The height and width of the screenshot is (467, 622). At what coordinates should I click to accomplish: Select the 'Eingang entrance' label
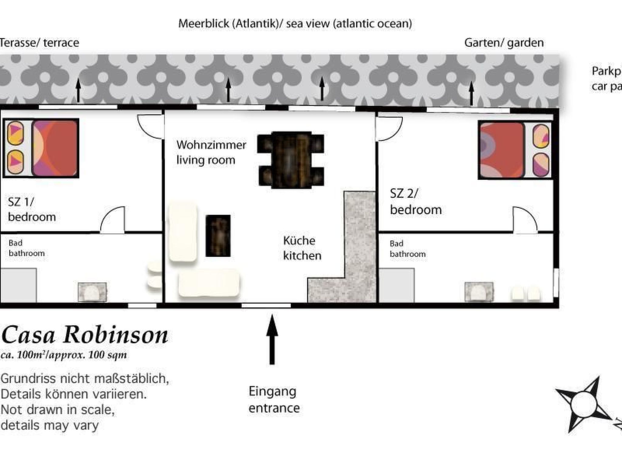click(274, 400)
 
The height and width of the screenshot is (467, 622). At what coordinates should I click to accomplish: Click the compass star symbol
click(583, 404)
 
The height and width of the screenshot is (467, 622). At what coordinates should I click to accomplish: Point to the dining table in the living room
click(291, 160)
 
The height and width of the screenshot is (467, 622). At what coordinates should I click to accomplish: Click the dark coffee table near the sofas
click(218, 236)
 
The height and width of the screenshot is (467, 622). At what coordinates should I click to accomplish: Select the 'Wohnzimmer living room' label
click(211, 152)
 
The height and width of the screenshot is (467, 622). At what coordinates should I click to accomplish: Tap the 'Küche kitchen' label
click(302, 248)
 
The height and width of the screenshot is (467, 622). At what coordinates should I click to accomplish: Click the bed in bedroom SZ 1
click(41, 148)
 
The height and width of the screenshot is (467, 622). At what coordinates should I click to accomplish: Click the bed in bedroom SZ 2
click(514, 150)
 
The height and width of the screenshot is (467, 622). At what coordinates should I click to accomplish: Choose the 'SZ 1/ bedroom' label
click(32, 209)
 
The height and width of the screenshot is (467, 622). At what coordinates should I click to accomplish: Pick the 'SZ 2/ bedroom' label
click(415, 202)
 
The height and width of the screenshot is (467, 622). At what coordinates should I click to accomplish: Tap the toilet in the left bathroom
click(92, 292)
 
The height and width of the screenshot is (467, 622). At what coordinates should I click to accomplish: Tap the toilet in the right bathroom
click(479, 292)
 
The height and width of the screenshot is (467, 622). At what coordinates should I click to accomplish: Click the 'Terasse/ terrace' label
click(39, 43)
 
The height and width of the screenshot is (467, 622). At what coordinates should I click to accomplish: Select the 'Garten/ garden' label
click(504, 43)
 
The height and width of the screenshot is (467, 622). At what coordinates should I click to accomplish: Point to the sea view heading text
click(295, 24)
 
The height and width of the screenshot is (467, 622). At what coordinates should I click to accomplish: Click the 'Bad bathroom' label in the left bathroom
click(26, 248)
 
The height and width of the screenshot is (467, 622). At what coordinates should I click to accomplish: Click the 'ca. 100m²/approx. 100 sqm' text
click(63, 355)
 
